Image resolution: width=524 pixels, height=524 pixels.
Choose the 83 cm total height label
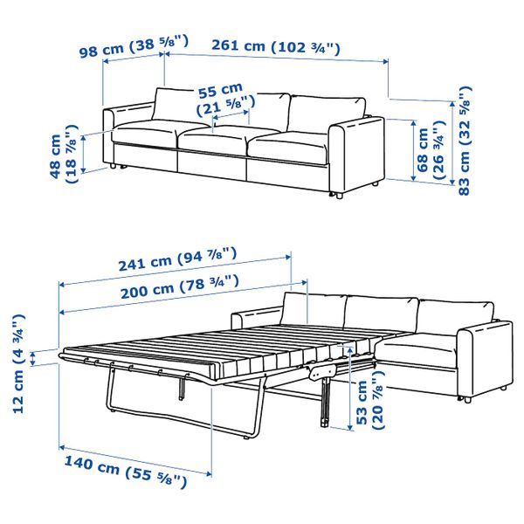465,140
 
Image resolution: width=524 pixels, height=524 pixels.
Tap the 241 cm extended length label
174,260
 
